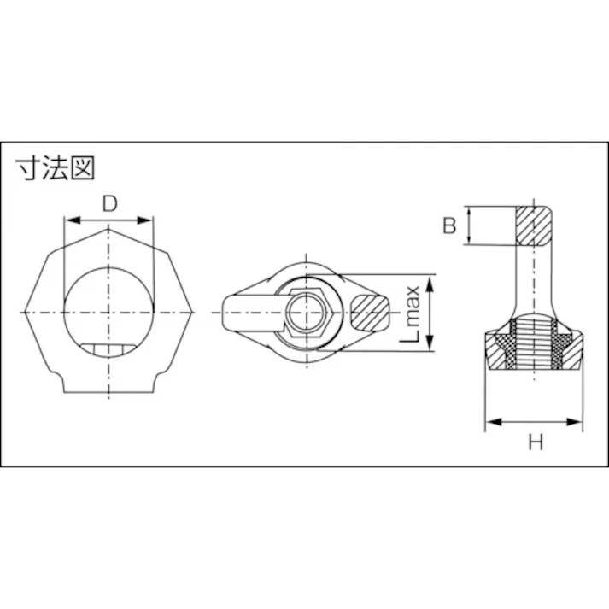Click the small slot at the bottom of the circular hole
109,348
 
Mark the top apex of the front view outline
109,228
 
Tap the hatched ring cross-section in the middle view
369,313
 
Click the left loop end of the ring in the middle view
235,313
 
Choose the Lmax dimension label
413,313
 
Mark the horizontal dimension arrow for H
535,421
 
